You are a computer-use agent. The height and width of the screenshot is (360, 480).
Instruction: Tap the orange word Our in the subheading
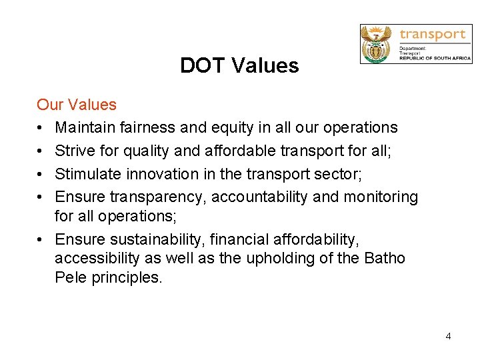[49, 105]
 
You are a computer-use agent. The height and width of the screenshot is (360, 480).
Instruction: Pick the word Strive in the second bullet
[73, 151]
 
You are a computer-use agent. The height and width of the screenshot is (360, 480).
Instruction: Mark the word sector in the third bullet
[337, 174]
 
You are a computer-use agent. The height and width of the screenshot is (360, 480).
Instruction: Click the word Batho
[385, 258]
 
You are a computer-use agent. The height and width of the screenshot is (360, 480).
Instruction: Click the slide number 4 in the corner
[448, 336]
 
